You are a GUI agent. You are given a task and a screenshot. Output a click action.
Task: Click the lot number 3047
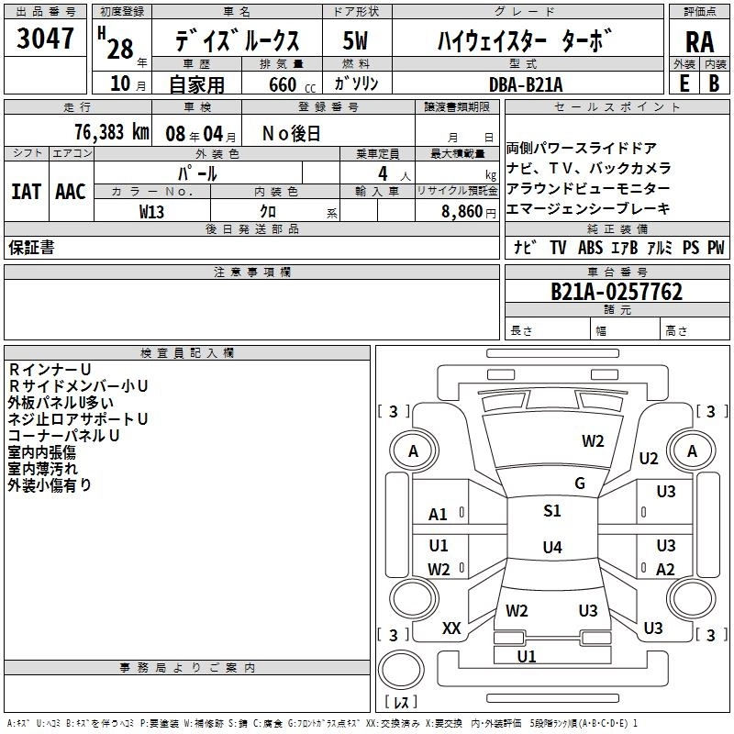point(46,40)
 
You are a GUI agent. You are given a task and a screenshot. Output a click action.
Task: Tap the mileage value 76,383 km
point(112,132)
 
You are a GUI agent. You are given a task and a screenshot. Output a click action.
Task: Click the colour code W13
point(152,210)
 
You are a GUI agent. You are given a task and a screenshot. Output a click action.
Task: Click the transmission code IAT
point(27,191)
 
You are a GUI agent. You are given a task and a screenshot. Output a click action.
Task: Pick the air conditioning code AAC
point(71,191)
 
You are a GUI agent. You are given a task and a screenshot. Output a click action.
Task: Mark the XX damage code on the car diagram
point(451,628)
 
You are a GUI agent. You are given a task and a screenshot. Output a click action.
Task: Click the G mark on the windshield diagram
point(580,484)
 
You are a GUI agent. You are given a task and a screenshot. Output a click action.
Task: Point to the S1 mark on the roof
point(552,511)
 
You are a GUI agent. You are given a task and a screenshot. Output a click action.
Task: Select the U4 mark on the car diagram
point(551,548)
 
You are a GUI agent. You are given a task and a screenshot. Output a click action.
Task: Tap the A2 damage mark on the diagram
point(666,569)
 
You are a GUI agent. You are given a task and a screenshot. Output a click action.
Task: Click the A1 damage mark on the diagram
point(439,515)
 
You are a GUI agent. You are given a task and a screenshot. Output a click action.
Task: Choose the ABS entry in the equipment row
point(590,247)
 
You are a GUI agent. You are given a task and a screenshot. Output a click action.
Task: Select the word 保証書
point(30,247)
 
